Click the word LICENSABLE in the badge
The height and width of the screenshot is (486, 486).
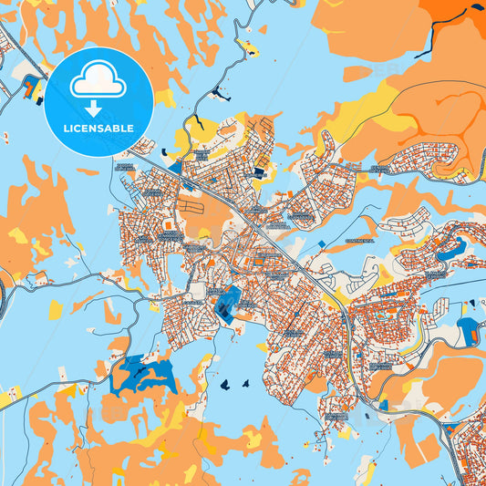tap(98, 129)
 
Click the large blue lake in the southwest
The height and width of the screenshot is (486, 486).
tap(143, 374)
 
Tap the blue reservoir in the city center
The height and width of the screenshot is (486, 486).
tap(227, 301)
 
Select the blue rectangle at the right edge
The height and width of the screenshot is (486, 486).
tap(468, 331)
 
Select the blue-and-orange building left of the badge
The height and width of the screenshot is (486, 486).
tap(33, 88)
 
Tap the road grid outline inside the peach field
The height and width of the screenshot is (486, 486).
tap(190, 206)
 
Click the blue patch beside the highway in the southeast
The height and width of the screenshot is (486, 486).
tap(383, 404)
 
